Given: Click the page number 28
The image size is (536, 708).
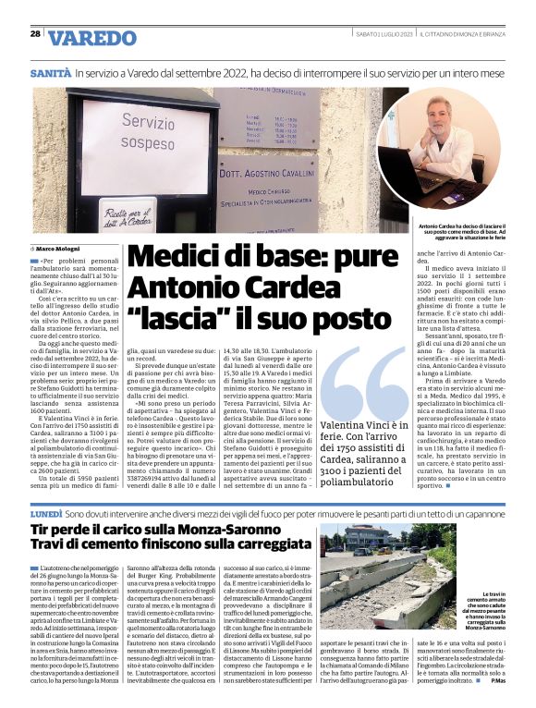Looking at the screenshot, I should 35,34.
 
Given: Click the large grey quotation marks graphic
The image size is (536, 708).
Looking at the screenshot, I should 365,382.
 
